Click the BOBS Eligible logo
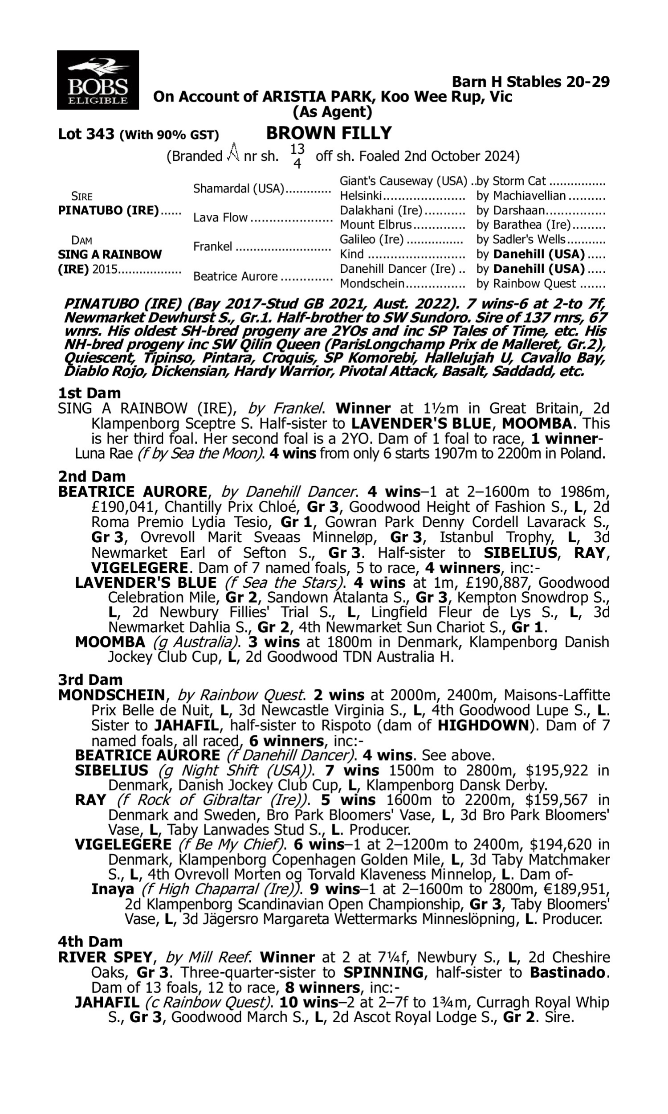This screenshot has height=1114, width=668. point(98,80)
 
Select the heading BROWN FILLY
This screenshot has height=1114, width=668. point(329,133)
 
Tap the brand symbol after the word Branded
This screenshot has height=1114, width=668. point(233,152)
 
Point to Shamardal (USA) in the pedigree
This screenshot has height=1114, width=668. point(239,188)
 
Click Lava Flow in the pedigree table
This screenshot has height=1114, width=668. point(220,217)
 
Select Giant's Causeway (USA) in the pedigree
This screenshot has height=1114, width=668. point(403,181)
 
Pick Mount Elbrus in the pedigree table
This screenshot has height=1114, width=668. point(375,224)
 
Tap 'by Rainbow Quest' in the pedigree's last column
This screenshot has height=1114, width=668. point(526,284)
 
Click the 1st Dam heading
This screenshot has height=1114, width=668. point(89,393)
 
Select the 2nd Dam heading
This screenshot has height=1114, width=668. point(91,476)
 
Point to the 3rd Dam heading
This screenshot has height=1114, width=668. point(90,680)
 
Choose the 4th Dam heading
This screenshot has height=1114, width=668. point(90,942)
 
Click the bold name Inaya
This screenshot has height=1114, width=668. point(113,889)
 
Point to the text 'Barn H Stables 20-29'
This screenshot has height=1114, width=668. point(530,82)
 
